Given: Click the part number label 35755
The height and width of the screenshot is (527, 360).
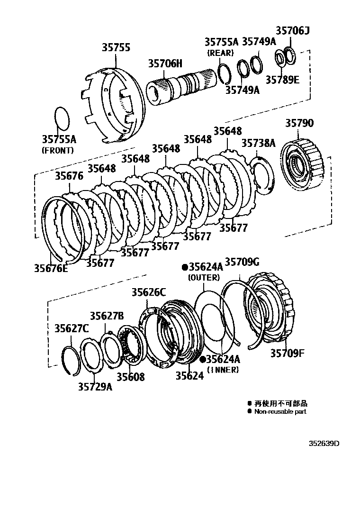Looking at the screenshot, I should pyautogui.click(x=116, y=47).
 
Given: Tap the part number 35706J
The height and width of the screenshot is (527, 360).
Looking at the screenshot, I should pyautogui.click(x=292, y=31).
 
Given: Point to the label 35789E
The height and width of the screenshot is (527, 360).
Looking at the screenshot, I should pyautogui.click(x=282, y=80).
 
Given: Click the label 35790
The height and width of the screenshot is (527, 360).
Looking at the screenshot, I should pyautogui.click(x=299, y=123).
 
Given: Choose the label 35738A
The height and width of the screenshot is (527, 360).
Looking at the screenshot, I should pyautogui.click(x=258, y=143).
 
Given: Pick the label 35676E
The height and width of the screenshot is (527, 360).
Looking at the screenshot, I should pyautogui.click(x=51, y=268).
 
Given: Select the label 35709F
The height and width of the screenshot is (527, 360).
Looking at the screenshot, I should pyautogui.click(x=288, y=353).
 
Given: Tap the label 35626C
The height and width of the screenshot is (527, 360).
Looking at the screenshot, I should pyautogui.click(x=149, y=292).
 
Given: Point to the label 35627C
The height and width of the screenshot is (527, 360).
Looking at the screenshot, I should pyautogui.click(x=71, y=328).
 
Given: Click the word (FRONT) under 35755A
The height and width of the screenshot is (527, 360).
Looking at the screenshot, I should pyautogui.click(x=58, y=150).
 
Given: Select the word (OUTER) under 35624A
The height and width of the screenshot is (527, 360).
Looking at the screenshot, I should pyautogui.click(x=204, y=277).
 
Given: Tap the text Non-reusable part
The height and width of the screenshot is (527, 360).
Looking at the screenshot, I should pyautogui.click(x=280, y=411).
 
